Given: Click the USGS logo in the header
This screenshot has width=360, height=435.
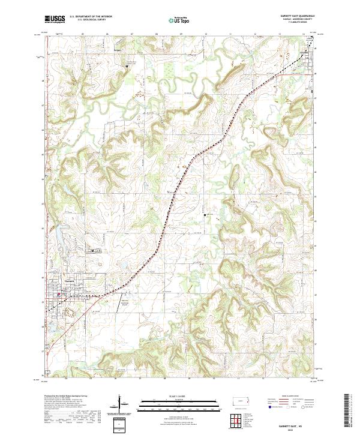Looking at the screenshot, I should coord(55,20).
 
